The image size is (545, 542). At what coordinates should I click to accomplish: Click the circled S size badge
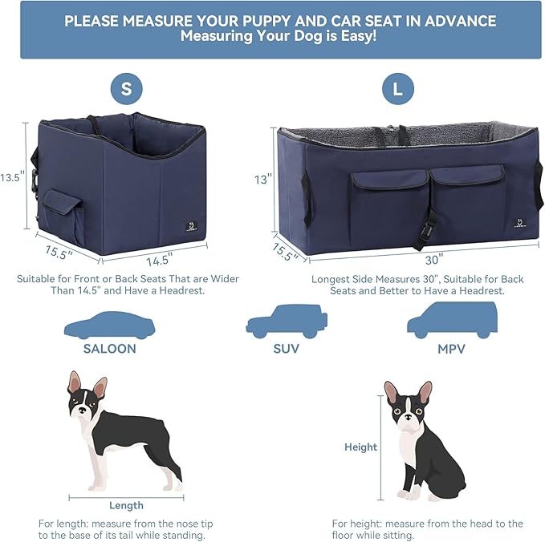point(127,89)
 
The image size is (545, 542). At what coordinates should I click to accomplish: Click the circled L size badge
point(398,89)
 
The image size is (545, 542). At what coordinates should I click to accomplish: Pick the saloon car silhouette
point(109,326)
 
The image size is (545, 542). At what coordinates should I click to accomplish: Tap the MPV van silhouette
point(451,321)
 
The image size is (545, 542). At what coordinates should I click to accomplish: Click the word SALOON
point(109,349)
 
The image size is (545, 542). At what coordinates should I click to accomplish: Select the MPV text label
point(452,349)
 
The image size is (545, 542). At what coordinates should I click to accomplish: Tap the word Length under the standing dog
point(126,505)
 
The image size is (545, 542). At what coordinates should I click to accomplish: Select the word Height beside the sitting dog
point(360,447)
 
